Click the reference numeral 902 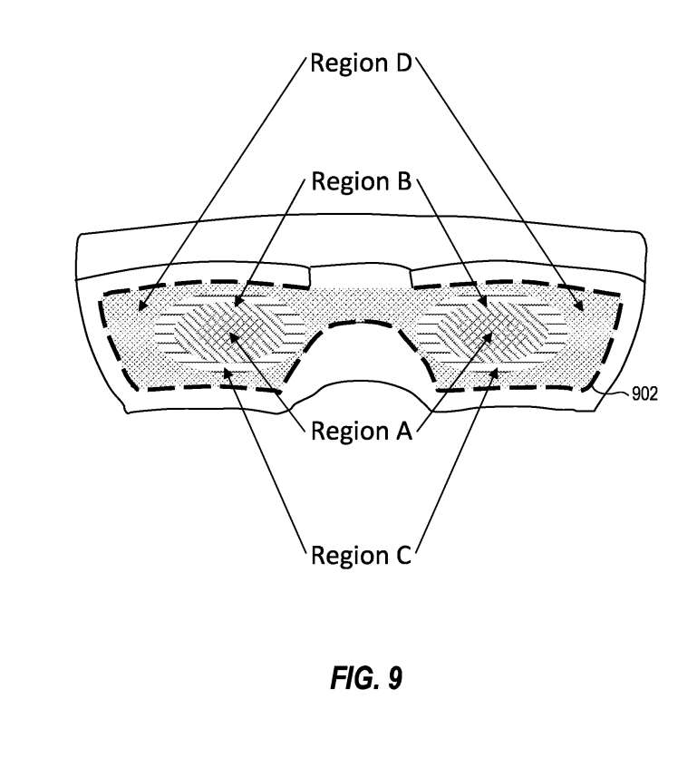[x=645, y=393]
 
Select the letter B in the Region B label [x=402, y=181]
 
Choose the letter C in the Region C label [x=402, y=554]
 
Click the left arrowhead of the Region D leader [x=141, y=308]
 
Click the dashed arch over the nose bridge [x=362, y=323]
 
